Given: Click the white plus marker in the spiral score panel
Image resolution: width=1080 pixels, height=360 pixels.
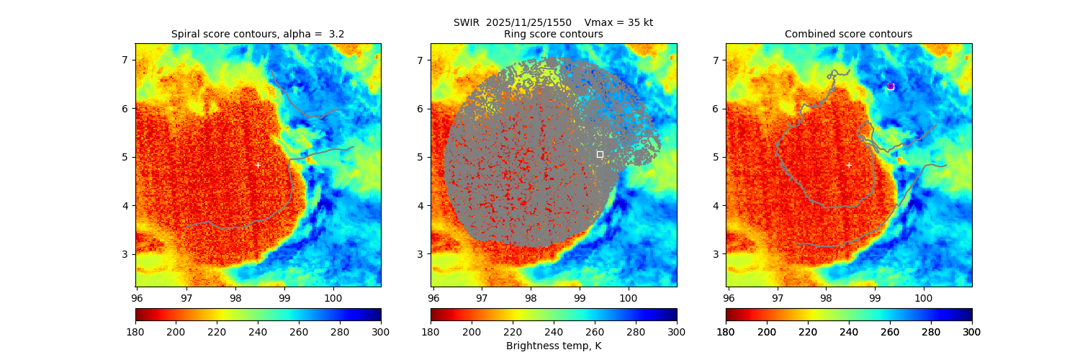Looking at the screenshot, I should coord(258,165).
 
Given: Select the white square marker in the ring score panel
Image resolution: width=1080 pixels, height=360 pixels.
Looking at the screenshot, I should coord(600,154).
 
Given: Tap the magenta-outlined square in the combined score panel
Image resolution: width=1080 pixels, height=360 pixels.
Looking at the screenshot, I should coord(891,86).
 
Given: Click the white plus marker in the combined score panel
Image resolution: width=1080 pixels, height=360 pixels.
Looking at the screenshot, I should coord(848,165).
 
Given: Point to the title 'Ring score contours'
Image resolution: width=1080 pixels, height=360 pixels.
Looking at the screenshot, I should coord(553,34).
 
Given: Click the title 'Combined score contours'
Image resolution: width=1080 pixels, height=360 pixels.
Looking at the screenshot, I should coord(848,34).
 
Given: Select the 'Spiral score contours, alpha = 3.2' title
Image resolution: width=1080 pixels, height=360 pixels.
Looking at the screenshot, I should coord(258,34).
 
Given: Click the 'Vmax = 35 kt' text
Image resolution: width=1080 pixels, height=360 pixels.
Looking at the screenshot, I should coord(618,22).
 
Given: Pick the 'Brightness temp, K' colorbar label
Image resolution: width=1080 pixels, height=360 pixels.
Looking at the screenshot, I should coord(553,346).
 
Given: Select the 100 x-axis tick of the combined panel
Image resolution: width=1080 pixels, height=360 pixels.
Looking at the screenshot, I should coord(923,296).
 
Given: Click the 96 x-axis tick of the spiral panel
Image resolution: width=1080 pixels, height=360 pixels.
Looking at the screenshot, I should coord(137,296).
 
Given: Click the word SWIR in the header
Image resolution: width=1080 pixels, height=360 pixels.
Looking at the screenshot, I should coord(466,22).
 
